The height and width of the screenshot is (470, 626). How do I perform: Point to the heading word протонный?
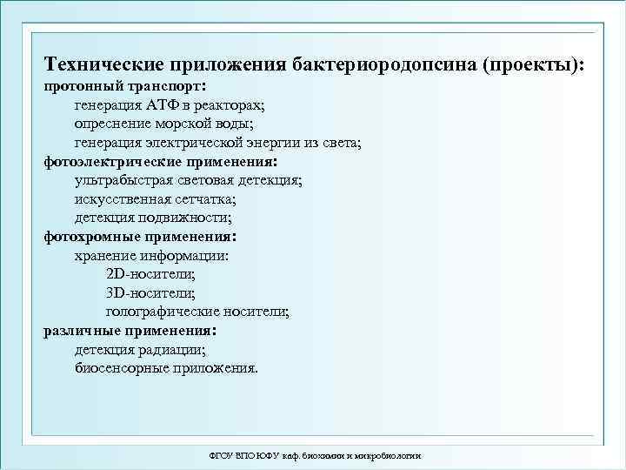click(75, 87)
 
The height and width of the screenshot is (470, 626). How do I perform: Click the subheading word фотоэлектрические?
click(105, 162)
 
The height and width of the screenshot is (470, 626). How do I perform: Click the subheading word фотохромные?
click(87, 237)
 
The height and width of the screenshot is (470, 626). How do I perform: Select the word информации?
click(183, 256)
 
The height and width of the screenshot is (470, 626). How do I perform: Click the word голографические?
click(161, 312)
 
